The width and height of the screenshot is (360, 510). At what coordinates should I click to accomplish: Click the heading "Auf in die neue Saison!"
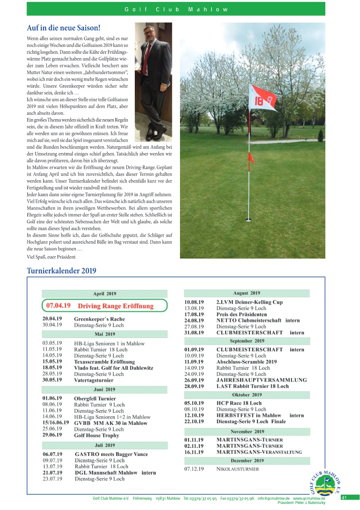[63, 28]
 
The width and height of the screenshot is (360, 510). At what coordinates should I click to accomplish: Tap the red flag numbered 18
[262, 99]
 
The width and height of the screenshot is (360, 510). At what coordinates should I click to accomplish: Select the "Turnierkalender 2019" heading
[61, 271]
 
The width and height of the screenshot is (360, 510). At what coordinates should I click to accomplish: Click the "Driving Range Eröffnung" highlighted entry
[115, 306]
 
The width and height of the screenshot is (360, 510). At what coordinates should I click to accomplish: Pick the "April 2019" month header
[105, 294]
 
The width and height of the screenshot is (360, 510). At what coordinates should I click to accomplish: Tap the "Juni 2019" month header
[105, 390]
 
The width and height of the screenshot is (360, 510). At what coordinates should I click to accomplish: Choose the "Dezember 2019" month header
[247, 460]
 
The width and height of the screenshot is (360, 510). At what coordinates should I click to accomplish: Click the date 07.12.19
[194, 469]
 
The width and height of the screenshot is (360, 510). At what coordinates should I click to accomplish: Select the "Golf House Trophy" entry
[96, 435]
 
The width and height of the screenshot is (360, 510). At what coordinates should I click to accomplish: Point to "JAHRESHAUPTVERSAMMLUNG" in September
[261, 380]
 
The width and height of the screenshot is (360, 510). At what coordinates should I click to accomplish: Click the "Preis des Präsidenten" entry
[241, 314]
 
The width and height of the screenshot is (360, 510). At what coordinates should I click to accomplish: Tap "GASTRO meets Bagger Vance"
[111, 454]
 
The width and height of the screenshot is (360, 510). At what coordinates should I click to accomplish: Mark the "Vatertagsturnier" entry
[94, 380]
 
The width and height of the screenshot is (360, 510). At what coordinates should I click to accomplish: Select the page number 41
[344, 497]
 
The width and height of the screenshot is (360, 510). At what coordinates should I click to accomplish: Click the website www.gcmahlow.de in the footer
[309, 499]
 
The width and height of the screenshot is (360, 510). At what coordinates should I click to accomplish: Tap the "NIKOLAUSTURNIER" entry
[237, 469]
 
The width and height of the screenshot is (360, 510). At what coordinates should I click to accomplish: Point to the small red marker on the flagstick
[250, 158]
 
